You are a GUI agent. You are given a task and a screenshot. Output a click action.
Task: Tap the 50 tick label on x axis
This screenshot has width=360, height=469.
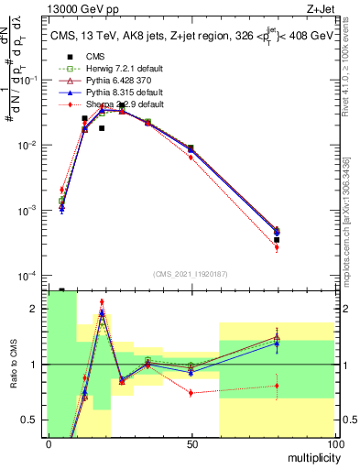tap(191, 443)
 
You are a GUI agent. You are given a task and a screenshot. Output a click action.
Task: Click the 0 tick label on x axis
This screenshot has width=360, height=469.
tap(49, 443)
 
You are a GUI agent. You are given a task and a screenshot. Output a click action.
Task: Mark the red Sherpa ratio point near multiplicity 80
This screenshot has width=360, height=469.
tap(277, 386)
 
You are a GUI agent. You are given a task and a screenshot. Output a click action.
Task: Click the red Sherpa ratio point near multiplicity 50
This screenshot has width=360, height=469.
tap(191, 392)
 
